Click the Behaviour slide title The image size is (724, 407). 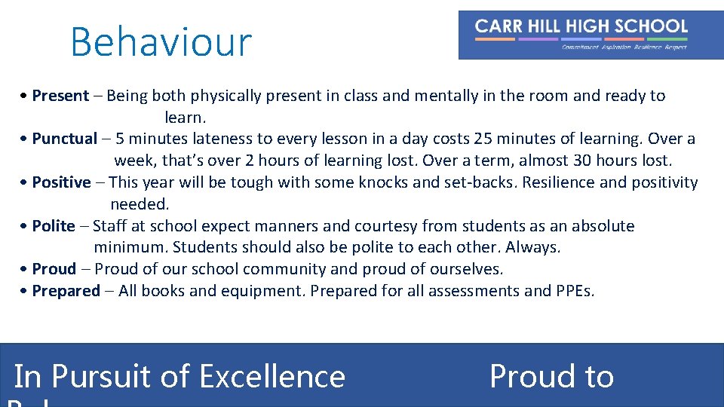(x=161, y=42)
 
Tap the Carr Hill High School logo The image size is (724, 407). (x=591, y=35)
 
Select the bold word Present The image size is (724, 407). (x=60, y=96)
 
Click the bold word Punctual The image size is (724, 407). (x=65, y=139)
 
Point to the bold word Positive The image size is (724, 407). (x=61, y=182)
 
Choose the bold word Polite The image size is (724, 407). (x=54, y=226)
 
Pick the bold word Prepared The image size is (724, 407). (x=66, y=291)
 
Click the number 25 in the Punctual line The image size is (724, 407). (x=483, y=139)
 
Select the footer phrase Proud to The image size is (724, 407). (x=551, y=376)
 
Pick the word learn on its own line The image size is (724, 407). (x=185, y=118)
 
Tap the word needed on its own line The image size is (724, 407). (x=140, y=204)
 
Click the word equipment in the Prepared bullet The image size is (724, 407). (x=266, y=291)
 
